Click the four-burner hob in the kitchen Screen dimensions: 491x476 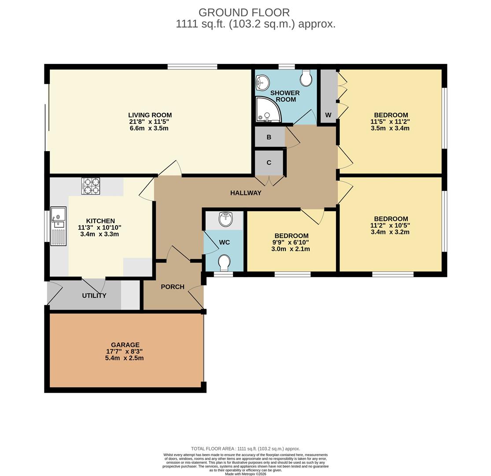(91, 186)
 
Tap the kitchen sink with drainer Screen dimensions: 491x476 (59, 226)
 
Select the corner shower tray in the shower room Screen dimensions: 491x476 (269, 109)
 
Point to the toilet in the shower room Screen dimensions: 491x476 (306, 77)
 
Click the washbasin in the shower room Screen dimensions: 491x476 (262, 82)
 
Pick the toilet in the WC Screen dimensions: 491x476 (225, 263)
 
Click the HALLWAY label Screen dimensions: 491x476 (246, 193)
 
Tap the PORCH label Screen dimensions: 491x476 (173, 287)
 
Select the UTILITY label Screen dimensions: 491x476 (94, 295)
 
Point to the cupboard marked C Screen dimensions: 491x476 (269, 163)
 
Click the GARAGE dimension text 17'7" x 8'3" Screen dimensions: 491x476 (125, 351)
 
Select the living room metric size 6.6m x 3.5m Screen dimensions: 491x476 (149, 128)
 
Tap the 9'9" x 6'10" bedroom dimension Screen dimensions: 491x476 (291, 242)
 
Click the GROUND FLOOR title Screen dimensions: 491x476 (244, 12)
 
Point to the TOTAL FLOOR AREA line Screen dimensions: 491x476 (246, 449)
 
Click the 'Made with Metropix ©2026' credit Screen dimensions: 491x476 (246, 474)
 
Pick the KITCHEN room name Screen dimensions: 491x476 (100, 221)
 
